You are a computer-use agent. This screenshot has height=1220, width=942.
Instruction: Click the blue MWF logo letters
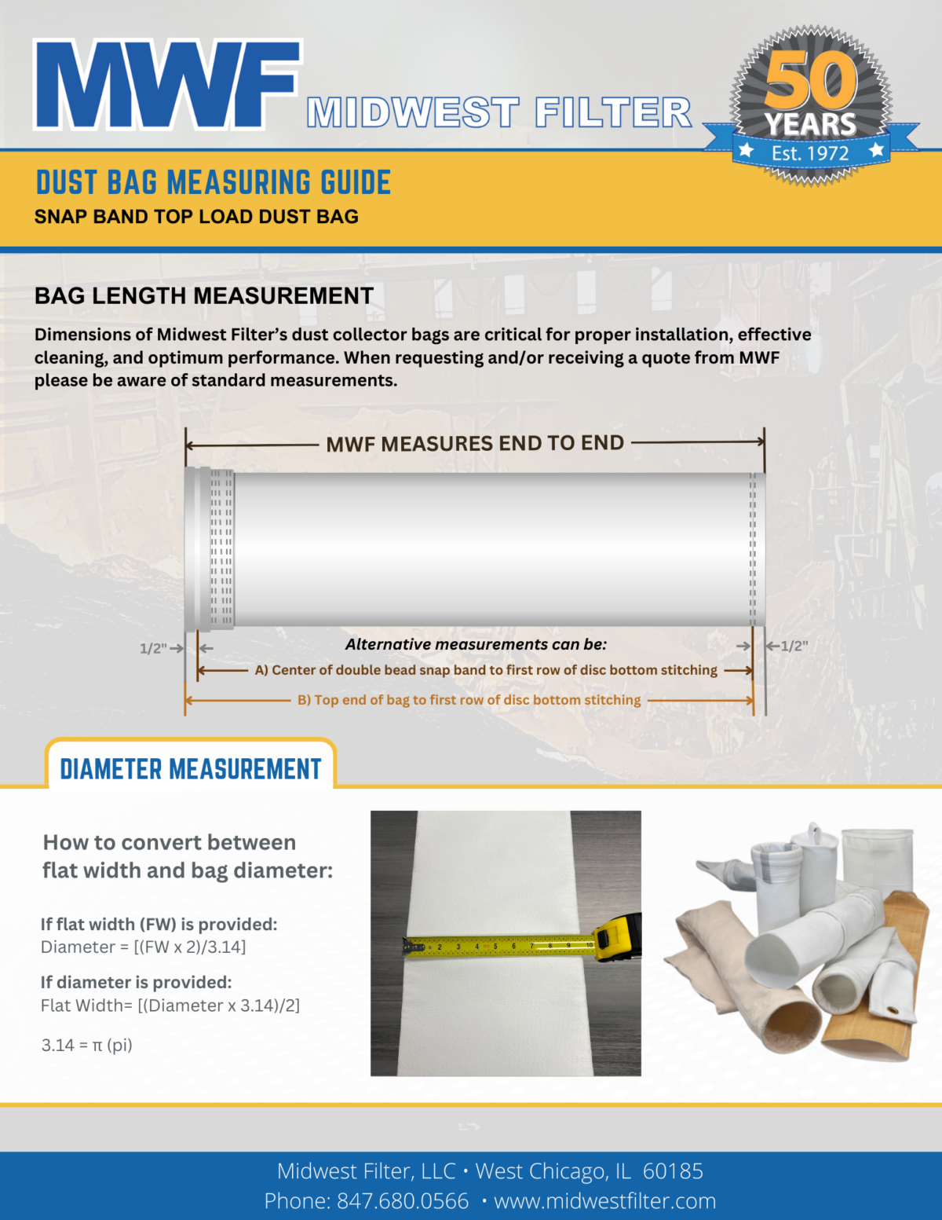coord(166,85)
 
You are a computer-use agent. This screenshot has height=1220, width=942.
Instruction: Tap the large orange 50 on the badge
coord(811,80)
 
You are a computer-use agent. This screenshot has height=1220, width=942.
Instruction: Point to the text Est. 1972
coord(810,152)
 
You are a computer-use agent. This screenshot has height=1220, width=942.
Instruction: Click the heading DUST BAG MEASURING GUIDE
coord(214,182)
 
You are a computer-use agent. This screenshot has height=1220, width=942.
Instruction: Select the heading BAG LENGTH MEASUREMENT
coord(204,295)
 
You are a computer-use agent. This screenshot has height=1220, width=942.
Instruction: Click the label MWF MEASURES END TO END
coord(475,444)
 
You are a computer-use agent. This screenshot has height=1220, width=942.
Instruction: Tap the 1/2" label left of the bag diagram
coord(153,648)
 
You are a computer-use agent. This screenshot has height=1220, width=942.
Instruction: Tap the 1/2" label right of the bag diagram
coord(794,646)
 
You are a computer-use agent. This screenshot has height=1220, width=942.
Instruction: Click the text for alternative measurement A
coord(486,670)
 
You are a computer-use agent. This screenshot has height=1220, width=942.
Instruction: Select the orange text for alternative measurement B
coord(469,700)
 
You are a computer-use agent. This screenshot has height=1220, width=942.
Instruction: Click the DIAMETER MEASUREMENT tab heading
coord(191,768)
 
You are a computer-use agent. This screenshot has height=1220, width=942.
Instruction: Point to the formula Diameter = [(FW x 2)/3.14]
coord(144,947)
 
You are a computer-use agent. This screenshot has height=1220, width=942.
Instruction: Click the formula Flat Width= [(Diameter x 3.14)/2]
coord(170,1006)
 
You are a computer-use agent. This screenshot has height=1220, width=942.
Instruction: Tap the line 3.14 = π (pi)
coord(87,1045)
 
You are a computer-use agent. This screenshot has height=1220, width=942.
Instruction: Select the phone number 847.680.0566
coord(402,1201)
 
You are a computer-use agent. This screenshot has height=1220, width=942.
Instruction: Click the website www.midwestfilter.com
coord(604,1201)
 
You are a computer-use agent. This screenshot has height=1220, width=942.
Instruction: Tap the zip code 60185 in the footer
coord(673,1171)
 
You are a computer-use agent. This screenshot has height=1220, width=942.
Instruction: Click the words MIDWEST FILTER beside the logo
coord(499,112)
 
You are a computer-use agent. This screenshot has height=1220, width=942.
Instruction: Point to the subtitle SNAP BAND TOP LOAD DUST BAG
coord(196,217)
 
